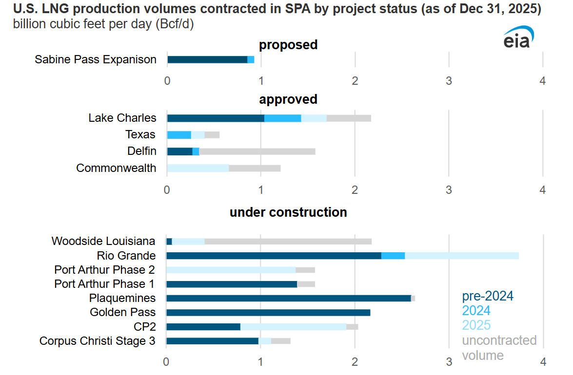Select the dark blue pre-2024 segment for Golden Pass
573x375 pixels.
coord(268,313)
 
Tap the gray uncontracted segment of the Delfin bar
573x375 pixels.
coord(257,151)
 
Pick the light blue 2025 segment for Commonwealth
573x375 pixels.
coord(198,169)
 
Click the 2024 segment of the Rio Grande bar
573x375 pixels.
coord(393,256)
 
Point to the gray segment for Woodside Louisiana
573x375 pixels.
coord(288,242)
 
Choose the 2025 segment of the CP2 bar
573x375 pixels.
coord(293,327)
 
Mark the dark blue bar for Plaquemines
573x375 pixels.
coord(288,298)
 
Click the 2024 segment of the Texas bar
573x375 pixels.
coord(179,135)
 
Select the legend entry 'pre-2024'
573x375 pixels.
coord(488,296)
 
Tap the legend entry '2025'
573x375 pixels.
coord(476,325)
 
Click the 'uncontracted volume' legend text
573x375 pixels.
coord(499,347)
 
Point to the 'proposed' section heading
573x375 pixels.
coord(288,45)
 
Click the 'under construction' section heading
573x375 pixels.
coord(288,212)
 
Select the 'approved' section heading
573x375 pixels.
coord(288,99)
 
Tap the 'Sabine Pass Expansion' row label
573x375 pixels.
coord(96,59)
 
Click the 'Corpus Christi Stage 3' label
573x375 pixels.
coord(98,341)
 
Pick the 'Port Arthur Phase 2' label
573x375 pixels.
coord(105,270)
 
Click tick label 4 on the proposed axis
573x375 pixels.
coord(543,81)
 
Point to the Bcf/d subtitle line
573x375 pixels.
coord(103,25)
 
